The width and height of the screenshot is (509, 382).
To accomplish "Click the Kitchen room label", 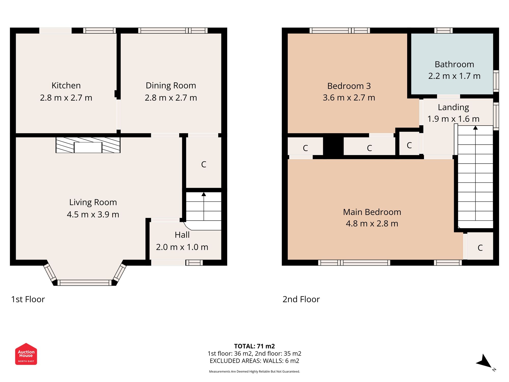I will pyautogui.click(x=66, y=86).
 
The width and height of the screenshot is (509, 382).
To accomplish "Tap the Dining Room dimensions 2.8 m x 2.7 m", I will pyautogui.click(x=171, y=98).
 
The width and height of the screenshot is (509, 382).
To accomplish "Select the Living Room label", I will pyautogui.click(x=93, y=202).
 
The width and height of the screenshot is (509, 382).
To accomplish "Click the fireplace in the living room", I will pyautogui.click(x=88, y=145).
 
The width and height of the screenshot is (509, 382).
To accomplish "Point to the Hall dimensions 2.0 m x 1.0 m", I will pyautogui.click(x=182, y=247).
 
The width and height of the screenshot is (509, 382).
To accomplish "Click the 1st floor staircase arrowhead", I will pyautogui.click(x=204, y=194).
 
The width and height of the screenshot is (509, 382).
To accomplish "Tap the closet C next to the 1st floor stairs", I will pyautogui.click(x=204, y=165).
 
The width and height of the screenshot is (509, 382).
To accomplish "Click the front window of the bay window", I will pyautogui.click(x=84, y=282).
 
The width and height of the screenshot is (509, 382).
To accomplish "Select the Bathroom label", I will pyautogui.click(x=454, y=64).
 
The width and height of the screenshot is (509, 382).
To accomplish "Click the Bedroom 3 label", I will pyautogui.click(x=349, y=86).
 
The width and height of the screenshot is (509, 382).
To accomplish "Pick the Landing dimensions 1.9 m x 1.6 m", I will pyautogui.click(x=453, y=119).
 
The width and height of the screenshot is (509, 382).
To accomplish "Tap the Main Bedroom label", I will pyautogui.click(x=372, y=212).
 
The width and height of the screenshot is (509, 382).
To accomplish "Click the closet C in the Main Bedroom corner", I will pyautogui.click(x=480, y=248).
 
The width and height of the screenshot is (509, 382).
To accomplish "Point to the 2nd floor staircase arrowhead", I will pyautogui.click(x=475, y=128).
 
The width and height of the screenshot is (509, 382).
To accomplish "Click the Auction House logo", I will pyautogui.click(x=26, y=354).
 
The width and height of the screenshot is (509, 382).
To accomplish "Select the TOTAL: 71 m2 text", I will pyautogui.click(x=254, y=346).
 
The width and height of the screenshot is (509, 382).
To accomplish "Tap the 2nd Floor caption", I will pyautogui.click(x=301, y=299).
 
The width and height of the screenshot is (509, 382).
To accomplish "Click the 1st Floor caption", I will pyautogui.click(x=28, y=299).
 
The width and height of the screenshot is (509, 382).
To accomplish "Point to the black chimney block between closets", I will pyautogui.click(x=333, y=146).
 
